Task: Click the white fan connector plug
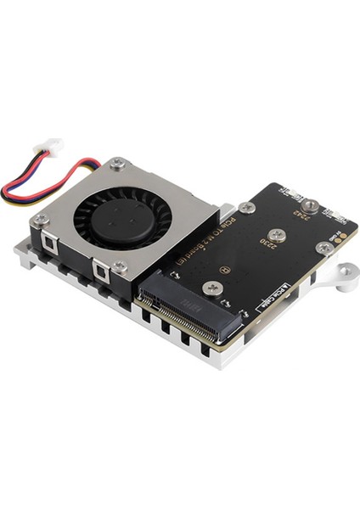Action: coord(53,147)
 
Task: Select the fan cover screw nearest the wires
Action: coord(118,162)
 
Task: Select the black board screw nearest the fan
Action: coord(246,207)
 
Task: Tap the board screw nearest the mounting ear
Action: coord(323,248)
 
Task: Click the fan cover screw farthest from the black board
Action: coord(39,220)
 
